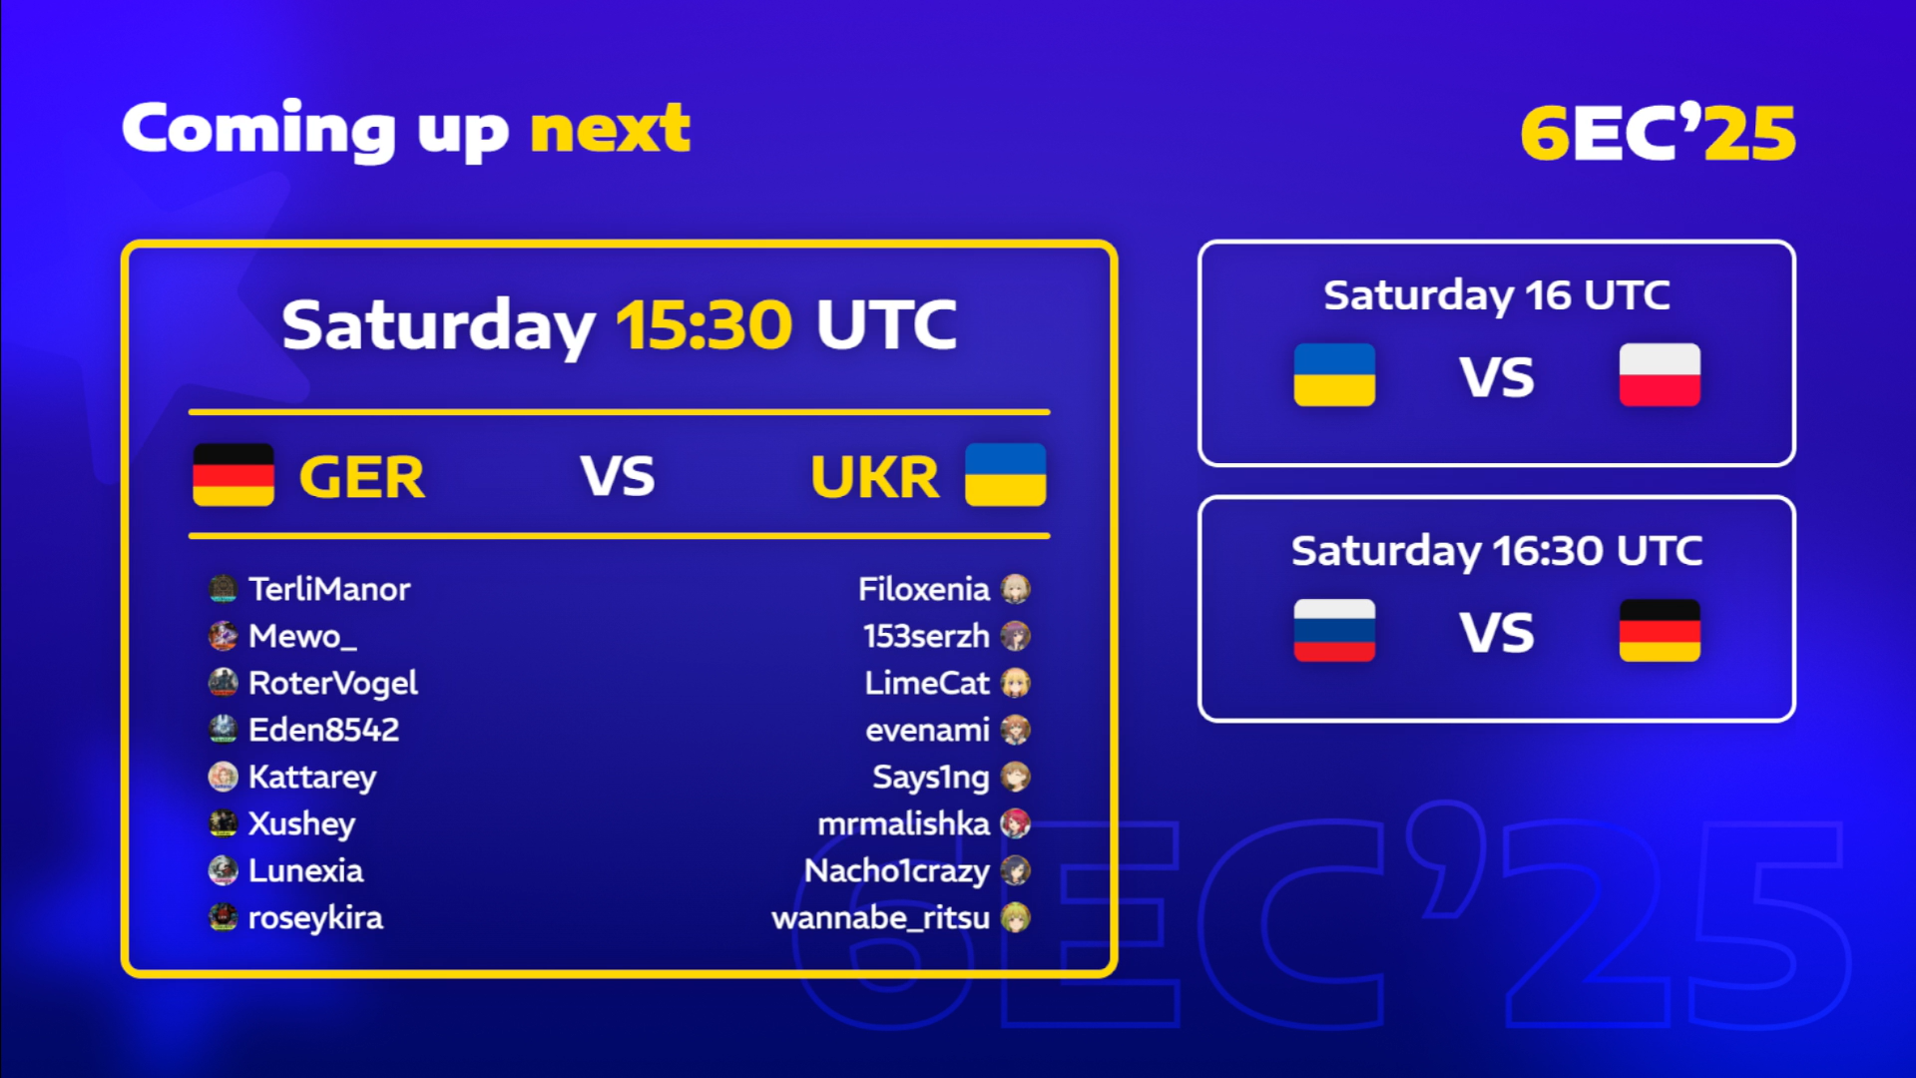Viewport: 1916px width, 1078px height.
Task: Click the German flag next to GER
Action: pyautogui.click(x=234, y=475)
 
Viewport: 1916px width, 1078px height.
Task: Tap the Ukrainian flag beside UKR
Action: pyautogui.click(x=1006, y=475)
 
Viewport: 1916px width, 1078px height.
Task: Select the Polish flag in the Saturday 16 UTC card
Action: pyautogui.click(x=1660, y=375)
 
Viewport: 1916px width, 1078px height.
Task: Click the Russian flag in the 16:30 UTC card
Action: pyautogui.click(x=1334, y=630)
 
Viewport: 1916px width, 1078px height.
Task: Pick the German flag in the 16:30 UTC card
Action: pyautogui.click(x=1660, y=630)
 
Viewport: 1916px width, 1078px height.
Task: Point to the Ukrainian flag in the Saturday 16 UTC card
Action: pyautogui.click(x=1334, y=375)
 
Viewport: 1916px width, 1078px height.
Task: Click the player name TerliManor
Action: pyautogui.click(x=329, y=589)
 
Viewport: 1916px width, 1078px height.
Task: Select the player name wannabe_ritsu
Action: pyautogui.click(x=880, y=917)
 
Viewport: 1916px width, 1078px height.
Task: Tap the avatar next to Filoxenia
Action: pyautogui.click(x=1016, y=589)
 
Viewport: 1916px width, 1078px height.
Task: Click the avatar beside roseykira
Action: pyautogui.click(x=223, y=917)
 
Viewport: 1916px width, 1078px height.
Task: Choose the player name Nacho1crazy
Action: pyautogui.click(x=897, y=871)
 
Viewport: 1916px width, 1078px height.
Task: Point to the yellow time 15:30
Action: pyautogui.click(x=704, y=324)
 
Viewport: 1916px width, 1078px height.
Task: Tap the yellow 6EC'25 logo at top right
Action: pyautogui.click(x=1658, y=132)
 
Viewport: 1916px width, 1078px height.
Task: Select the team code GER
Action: pyautogui.click(x=361, y=477)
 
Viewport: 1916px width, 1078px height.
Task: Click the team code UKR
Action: pyautogui.click(x=874, y=477)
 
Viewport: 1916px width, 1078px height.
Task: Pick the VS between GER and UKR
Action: pyautogui.click(x=618, y=476)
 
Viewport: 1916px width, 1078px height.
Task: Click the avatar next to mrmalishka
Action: pyautogui.click(x=1016, y=823)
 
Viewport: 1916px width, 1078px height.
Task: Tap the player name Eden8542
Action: pyautogui.click(x=323, y=730)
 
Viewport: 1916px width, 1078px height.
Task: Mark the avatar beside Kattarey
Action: pyautogui.click(x=223, y=777)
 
